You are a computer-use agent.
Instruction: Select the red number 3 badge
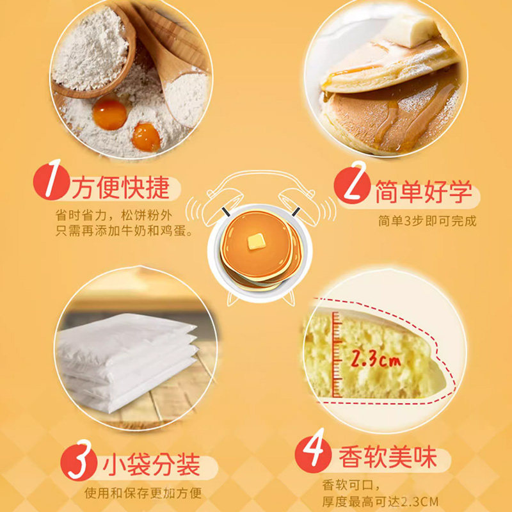[78, 461]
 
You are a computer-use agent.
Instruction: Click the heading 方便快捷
[120, 187]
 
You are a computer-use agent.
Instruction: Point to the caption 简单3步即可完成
[427, 222]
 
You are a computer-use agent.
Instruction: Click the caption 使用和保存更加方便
[143, 493]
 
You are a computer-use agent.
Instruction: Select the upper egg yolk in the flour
[109, 114]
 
